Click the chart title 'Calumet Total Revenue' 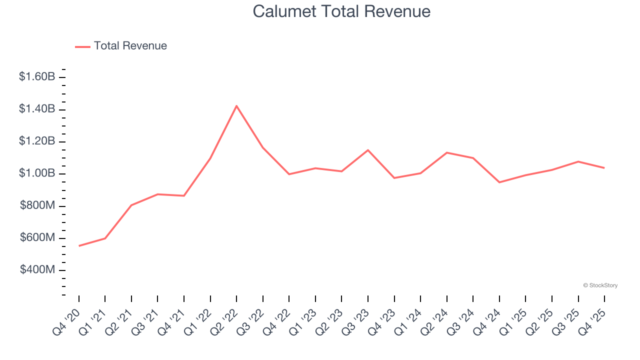click(341, 11)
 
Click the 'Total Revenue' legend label click(130, 46)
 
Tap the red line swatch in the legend click(82, 46)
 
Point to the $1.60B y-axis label click(37, 77)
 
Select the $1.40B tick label click(37, 109)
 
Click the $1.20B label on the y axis click(37, 141)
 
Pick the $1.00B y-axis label click(37, 173)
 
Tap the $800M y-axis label click(37, 205)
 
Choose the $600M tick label click(37, 238)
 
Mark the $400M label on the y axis click(37, 270)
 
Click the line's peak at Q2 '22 click(236, 105)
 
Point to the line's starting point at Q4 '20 click(79, 246)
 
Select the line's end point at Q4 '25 click(604, 168)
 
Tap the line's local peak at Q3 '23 click(368, 150)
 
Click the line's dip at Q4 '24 click(499, 182)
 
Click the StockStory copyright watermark click(600, 285)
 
